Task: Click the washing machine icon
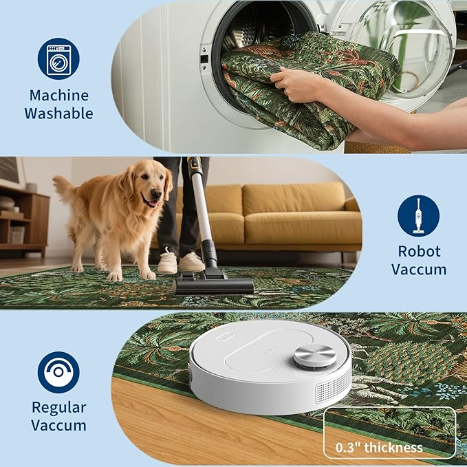pyautogui.click(x=58, y=58)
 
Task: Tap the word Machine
pyautogui.click(x=59, y=96)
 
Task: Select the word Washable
pyautogui.click(x=58, y=113)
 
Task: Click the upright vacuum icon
pyautogui.click(x=418, y=216)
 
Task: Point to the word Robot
pyautogui.click(x=419, y=251)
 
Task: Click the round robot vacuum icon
pyautogui.click(x=58, y=372)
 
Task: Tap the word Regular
pyautogui.click(x=59, y=408)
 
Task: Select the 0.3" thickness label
pyautogui.click(x=379, y=447)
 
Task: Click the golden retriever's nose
pyautogui.click(x=156, y=194)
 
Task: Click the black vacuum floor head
pyautogui.click(x=213, y=285)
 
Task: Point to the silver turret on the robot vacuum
pyautogui.click(x=315, y=357)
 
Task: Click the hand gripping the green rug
pyautogui.click(x=292, y=83)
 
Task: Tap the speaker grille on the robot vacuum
pyautogui.click(x=333, y=387)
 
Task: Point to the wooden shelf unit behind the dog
pyautogui.click(x=24, y=220)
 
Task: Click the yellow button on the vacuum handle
pyautogui.click(x=194, y=163)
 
